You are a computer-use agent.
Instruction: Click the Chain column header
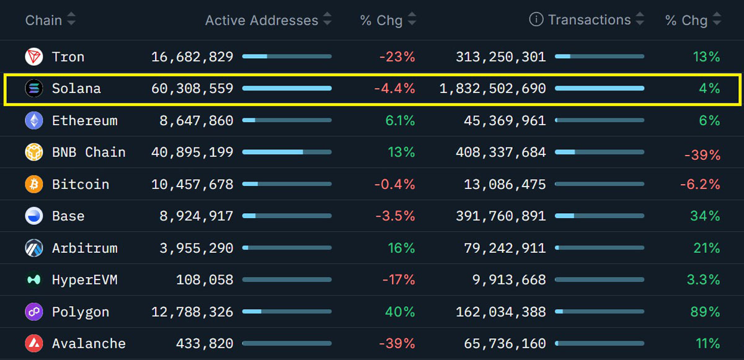coord(43,20)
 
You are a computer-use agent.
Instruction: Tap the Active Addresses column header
coord(261,20)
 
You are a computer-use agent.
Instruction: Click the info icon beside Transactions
coord(536,20)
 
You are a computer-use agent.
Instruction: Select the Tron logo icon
coord(33,57)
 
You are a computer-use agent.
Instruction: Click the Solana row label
coord(76,89)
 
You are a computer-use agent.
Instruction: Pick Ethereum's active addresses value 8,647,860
coord(197,121)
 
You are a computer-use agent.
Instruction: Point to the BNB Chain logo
coord(33,152)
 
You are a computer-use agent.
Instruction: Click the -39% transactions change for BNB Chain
coord(702,155)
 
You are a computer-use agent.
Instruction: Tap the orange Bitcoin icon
coord(33,185)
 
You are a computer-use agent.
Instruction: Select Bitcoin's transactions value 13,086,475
coord(505,185)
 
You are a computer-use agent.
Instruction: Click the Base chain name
coord(68,216)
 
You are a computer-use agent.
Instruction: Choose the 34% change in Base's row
coord(705,216)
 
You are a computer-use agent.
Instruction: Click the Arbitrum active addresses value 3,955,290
coord(197,248)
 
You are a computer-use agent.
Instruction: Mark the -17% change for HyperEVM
coord(398,280)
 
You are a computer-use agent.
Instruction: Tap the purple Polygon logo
coord(33,312)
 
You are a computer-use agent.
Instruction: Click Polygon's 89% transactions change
coord(705,312)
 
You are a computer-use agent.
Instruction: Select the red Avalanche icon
coord(33,343)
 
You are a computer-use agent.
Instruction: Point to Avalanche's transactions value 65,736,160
coord(505,343)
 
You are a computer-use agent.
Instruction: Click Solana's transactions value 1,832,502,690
coord(493,89)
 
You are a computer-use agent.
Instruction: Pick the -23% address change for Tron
coord(397,57)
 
